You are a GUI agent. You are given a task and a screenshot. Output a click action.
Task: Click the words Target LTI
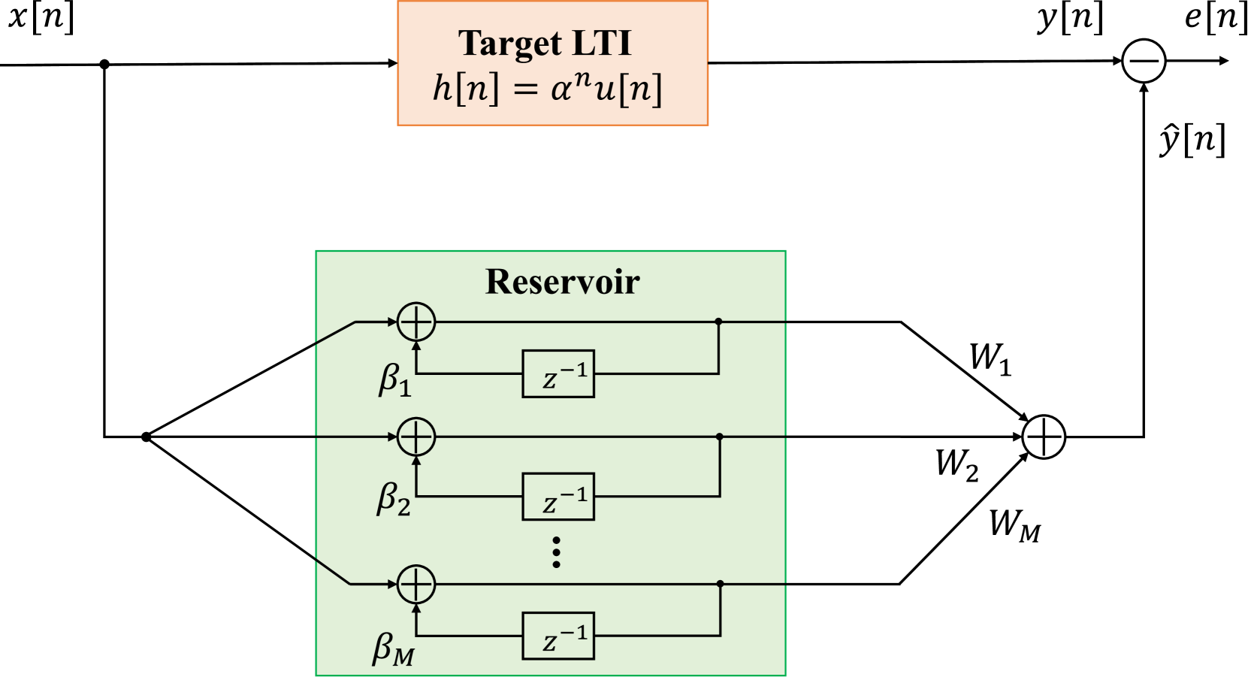(545, 43)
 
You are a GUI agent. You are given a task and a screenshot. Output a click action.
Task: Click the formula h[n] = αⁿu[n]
(548, 89)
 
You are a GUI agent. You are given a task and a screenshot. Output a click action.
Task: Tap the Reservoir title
(562, 282)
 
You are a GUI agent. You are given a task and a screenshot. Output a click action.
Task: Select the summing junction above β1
(416, 322)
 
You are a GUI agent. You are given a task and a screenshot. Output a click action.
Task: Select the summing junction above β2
(416, 437)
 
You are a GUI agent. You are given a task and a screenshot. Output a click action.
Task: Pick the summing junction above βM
(416, 584)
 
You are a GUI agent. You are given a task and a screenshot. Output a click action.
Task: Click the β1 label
(394, 379)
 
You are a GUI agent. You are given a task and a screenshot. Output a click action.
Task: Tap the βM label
(393, 648)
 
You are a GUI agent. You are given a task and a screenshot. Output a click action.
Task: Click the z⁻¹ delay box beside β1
(558, 374)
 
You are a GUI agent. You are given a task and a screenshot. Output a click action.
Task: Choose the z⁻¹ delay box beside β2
(558, 497)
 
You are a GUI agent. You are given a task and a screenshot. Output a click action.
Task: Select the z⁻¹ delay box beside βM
(558, 636)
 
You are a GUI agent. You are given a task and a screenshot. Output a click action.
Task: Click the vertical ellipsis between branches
(556, 552)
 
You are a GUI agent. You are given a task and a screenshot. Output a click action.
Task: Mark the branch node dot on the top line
(718, 322)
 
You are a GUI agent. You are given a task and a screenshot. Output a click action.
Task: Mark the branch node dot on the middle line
(720, 437)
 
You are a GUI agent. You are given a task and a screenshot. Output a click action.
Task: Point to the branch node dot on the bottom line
(720, 584)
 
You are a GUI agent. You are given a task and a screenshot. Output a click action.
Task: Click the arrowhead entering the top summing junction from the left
(391, 322)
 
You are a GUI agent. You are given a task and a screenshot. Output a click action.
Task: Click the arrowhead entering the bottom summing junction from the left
(391, 584)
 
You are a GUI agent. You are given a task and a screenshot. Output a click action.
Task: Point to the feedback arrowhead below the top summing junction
(416, 346)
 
